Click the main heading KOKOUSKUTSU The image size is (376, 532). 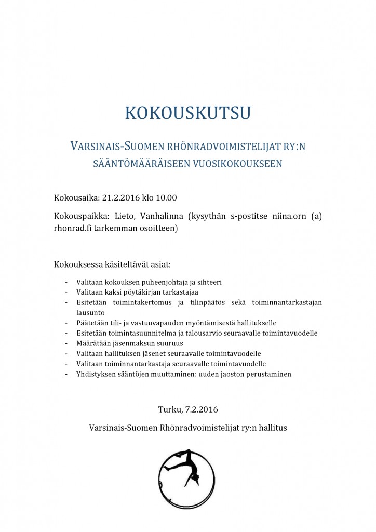click(x=187, y=113)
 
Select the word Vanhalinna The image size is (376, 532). click(x=161, y=216)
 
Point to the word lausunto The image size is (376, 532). click(x=90, y=313)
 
